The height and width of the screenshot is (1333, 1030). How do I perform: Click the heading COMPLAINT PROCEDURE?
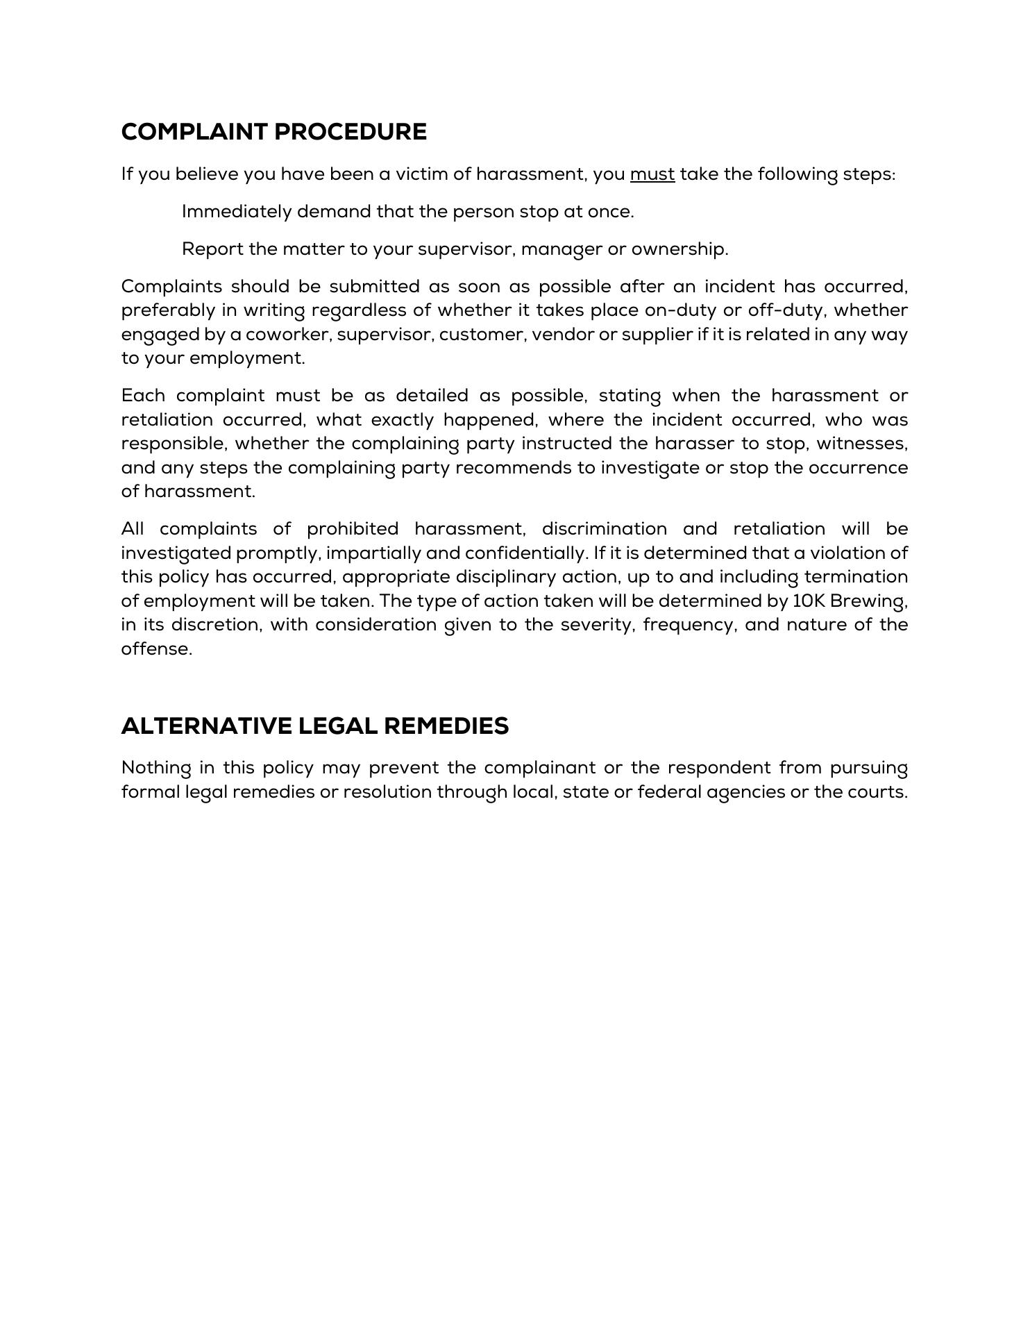(273, 132)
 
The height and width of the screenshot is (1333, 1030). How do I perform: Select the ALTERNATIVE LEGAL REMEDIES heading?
(314, 726)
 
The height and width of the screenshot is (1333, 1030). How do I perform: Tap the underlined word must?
(652, 174)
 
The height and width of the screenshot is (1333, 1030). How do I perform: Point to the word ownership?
(679, 249)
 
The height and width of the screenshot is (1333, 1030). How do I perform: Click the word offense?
(156, 648)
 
